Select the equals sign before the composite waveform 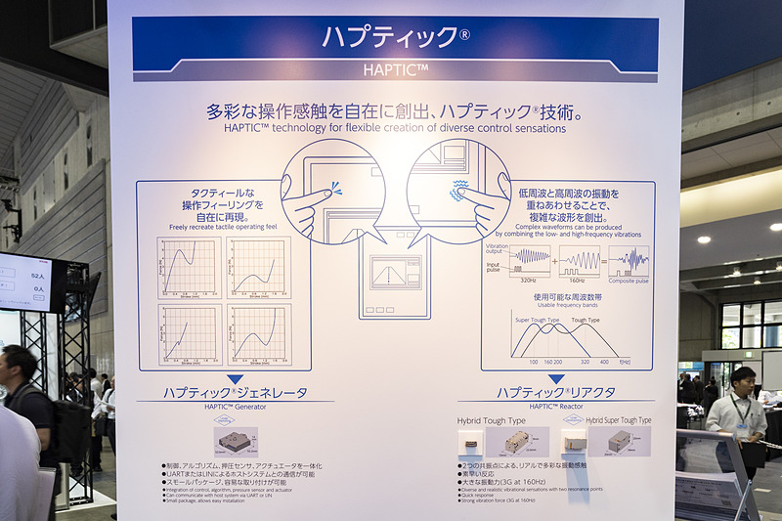(602, 260)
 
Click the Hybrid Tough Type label (491, 420)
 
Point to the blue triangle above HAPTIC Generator (235, 379)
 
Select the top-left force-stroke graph (189, 266)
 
